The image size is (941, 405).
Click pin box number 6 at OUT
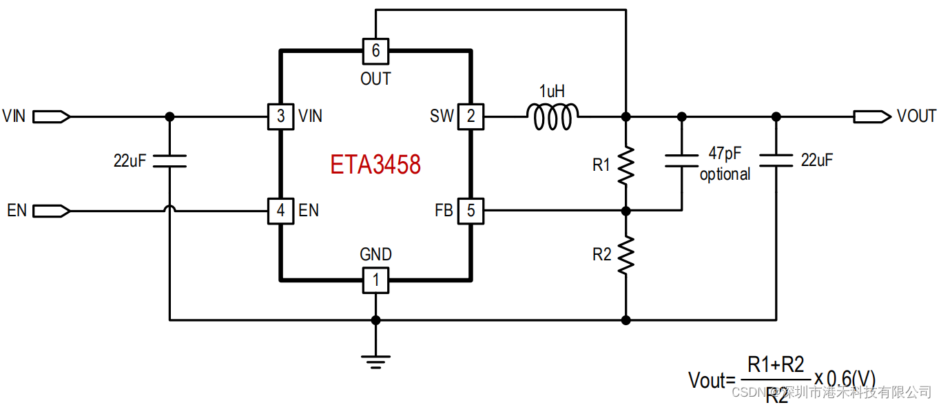click(x=375, y=50)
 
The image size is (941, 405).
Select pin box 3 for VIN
click(x=280, y=116)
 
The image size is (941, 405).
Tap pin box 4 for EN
click(x=280, y=210)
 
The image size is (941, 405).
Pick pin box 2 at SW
click(x=471, y=116)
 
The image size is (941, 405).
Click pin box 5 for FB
click(x=471, y=210)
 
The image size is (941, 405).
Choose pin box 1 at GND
click(x=375, y=280)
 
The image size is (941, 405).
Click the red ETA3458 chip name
click(x=375, y=165)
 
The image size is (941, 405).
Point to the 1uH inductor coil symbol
click(x=552, y=116)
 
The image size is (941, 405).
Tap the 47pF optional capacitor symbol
click(x=681, y=162)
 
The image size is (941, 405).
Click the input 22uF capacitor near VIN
click(x=169, y=161)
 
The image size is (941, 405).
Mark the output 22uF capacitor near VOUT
click(x=776, y=161)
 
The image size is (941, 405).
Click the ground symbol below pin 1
click(x=375, y=360)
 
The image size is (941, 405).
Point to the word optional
click(x=725, y=175)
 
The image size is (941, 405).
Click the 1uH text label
click(x=552, y=92)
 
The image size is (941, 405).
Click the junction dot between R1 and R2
click(x=625, y=210)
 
